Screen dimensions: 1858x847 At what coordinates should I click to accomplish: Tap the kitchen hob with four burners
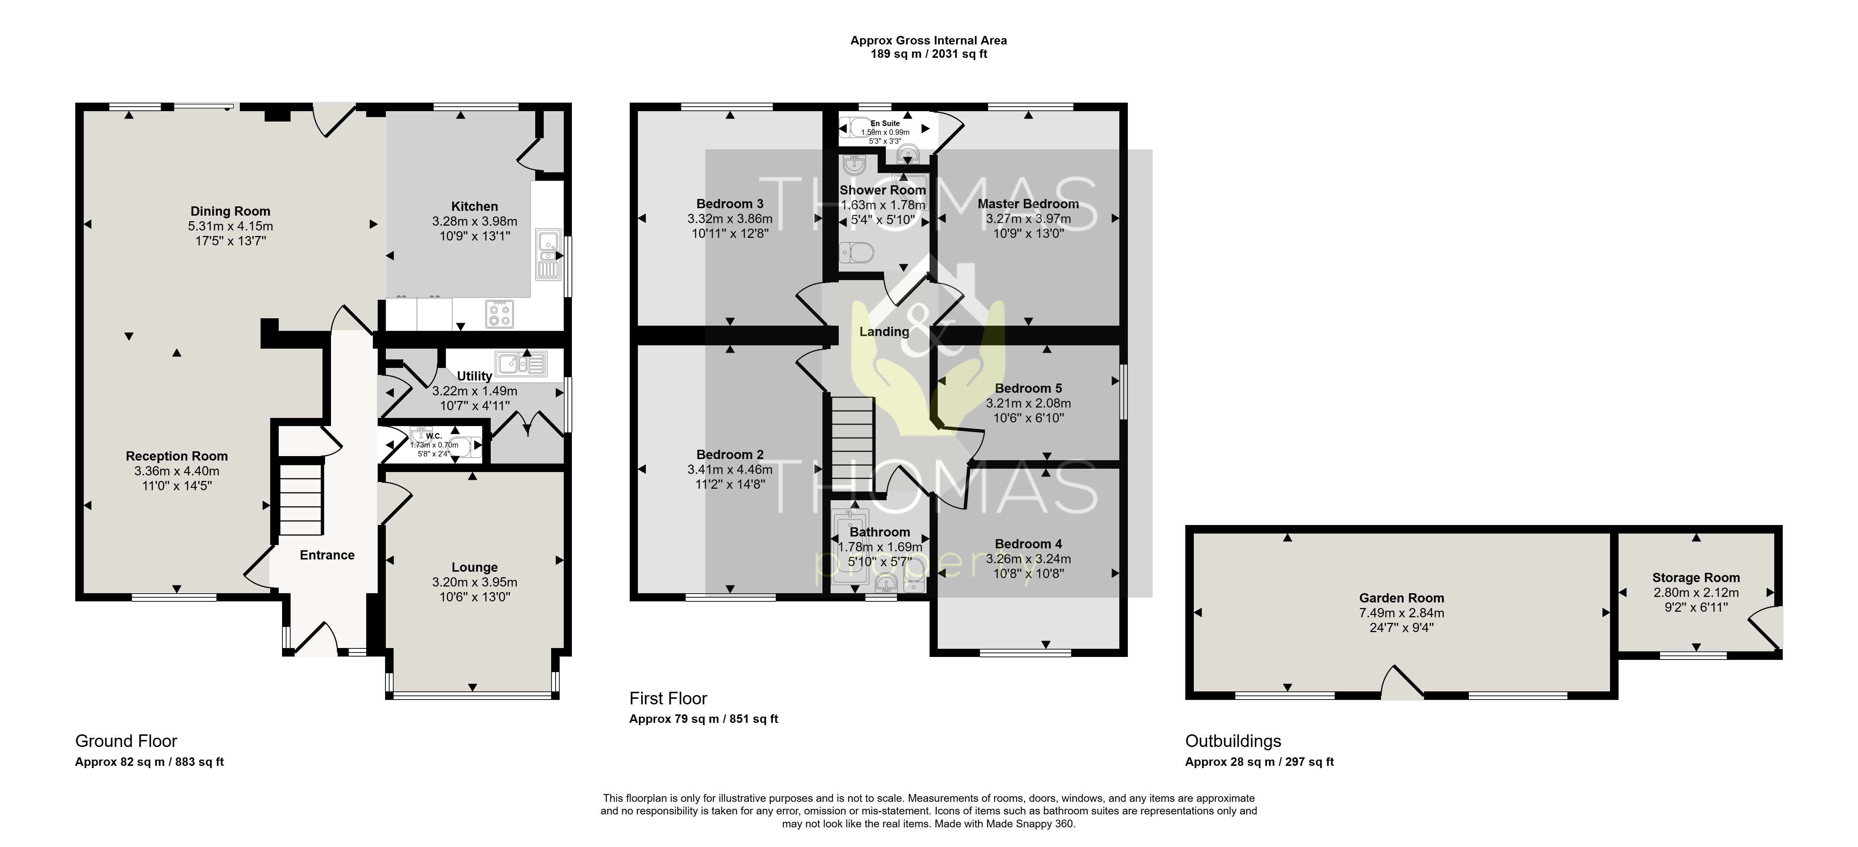tap(499, 313)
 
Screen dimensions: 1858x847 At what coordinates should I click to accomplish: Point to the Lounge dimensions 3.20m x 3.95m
tap(474, 582)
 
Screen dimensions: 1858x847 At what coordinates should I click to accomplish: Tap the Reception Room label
tap(177, 456)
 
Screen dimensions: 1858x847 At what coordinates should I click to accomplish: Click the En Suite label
tap(885, 123)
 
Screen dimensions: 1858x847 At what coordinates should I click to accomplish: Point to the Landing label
tap(884, 332)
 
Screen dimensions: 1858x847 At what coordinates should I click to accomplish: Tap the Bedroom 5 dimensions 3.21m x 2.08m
tap(1029, 403)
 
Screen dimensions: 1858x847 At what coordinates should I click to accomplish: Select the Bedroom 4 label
tap(1029, 544)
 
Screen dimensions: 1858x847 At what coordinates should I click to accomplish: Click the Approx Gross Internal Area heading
tap(929, 40)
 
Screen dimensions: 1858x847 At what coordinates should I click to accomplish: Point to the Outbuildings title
tap(1233, 741)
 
